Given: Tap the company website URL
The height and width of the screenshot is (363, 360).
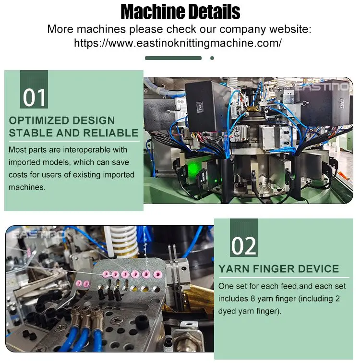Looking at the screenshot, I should [178, 43].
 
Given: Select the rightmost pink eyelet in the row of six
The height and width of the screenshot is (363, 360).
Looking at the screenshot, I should [155, 274].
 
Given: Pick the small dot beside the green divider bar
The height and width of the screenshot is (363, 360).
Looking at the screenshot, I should [212, 58].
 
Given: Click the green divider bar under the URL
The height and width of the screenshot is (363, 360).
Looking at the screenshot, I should [173, 58].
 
